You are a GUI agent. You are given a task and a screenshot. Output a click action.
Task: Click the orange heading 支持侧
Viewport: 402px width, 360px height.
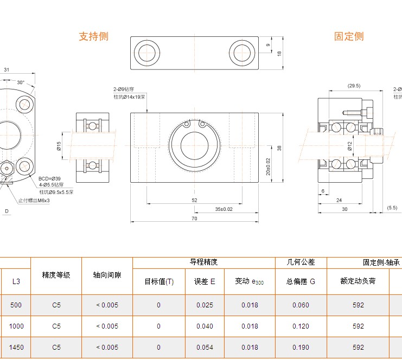pos(94,36)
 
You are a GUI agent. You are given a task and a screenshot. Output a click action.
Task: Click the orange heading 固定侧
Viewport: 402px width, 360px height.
pos(349,36)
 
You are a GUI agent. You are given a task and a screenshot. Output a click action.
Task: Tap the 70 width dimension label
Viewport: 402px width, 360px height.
pos(194,218)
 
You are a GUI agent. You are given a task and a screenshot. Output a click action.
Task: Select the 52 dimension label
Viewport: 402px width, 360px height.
pos(194,200)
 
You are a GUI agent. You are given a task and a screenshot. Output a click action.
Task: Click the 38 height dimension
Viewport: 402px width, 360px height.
pos(279,148)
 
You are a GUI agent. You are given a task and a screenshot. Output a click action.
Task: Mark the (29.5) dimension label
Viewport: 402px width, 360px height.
pos(354,86)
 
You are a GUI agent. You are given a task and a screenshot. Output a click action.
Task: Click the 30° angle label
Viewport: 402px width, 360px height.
pos(21,82)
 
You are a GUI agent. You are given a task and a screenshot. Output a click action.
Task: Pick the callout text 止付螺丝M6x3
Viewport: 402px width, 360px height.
pos(34,201)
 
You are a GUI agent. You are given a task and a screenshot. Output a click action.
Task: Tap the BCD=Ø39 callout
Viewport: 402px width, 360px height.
pos(49,178)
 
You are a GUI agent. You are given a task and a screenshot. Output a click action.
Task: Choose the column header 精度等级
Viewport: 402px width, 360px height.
pos(56,275)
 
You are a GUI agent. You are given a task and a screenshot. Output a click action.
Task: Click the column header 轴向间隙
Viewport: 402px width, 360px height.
pos(107,275)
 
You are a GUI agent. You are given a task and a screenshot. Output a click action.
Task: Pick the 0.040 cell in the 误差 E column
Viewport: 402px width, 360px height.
pos(205,326)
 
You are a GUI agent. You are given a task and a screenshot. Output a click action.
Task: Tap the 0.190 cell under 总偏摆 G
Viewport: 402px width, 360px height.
pos(301,348)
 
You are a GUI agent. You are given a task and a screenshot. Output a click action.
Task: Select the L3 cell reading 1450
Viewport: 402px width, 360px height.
pos(16,348)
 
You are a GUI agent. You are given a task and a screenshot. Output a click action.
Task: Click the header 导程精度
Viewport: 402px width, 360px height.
pos(203,262)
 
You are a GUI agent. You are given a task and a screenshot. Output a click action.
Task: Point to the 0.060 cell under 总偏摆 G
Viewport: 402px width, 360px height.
pos(301,305)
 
